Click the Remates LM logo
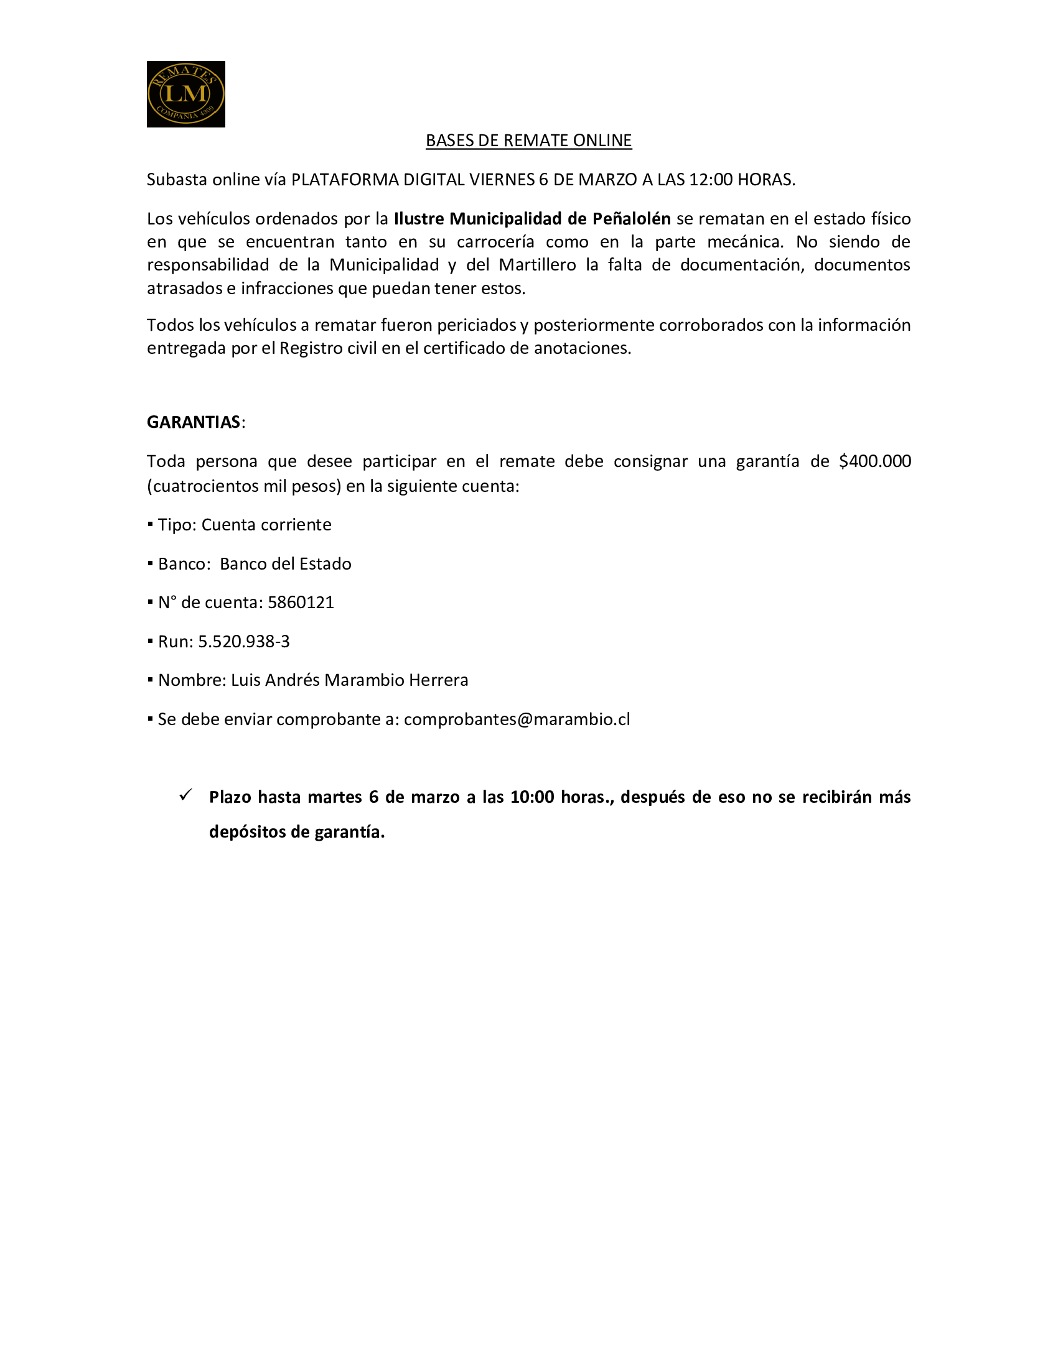[x=185, y=94]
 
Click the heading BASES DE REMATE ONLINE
[x=528, y=141]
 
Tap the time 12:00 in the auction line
[x=710, y=180]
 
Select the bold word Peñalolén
[x=631, y=219]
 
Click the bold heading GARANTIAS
[x=194, y=422]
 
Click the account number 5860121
[x=301, y=603]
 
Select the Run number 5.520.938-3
[x=244, y=642]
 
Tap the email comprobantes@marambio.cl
[x=517, y=719]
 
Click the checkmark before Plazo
[x=185, y=795]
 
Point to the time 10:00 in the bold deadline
[x=532, y=797]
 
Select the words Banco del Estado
[x=285, y=565]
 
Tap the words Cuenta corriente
[x=266, y=525]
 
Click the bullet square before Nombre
[x=151, y=680]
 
